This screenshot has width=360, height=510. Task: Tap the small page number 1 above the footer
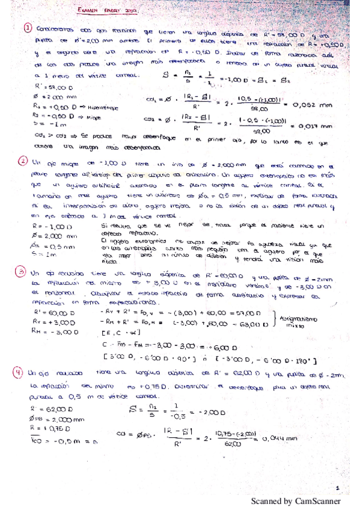click(x=338, y=489)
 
